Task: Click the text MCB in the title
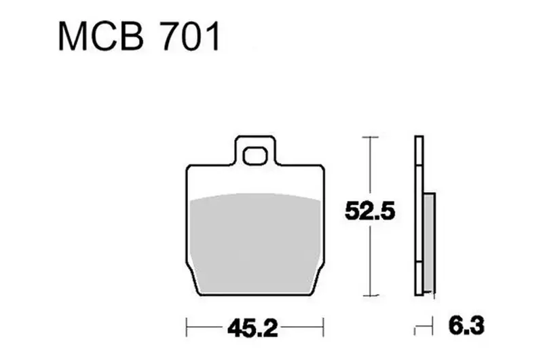[100, 37]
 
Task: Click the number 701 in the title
[191, 37]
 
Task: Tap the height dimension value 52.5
[370, 211]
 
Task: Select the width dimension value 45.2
[252, 328]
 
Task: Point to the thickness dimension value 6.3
[466, 325]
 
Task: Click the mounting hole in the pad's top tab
[255, 156]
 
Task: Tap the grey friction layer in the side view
[429, 242]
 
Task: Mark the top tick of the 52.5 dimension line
[370, 137]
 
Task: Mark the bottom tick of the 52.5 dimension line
[370, 295]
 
